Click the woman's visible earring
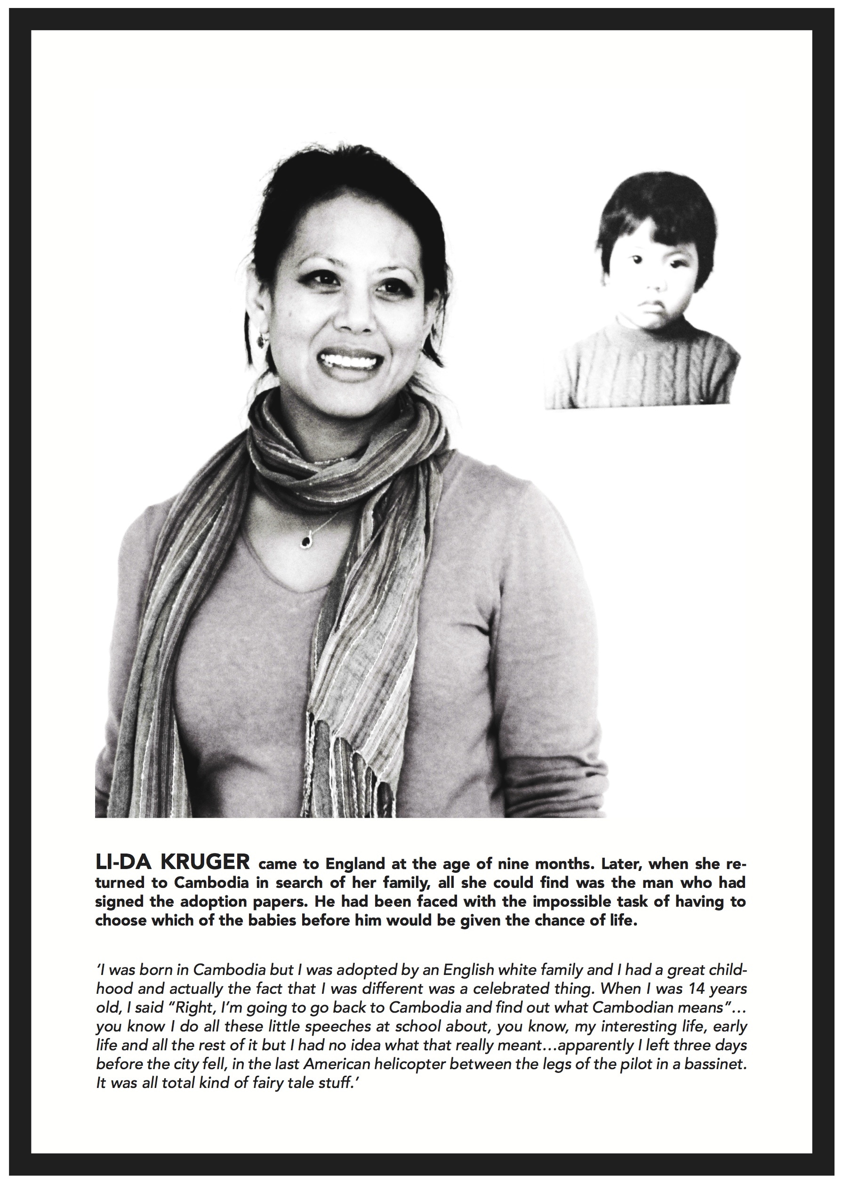[x=262, y=340]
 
